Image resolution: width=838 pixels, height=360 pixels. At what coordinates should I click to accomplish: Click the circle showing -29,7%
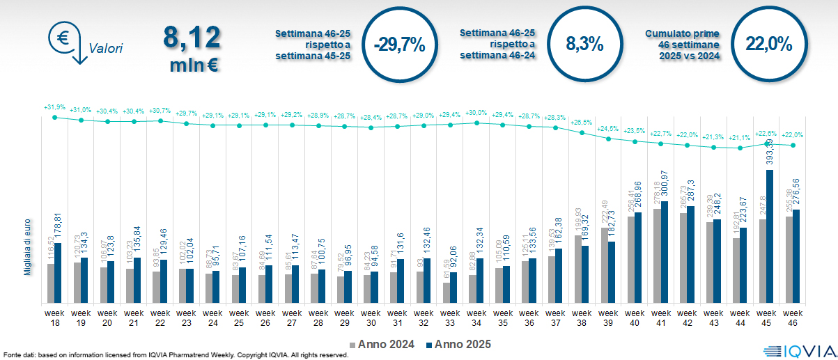click(x=399, y=45)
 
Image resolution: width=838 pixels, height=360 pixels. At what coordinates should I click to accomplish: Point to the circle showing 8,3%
click(x=584, y=45)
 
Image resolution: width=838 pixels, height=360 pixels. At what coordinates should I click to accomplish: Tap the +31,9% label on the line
click(x=54, y=108)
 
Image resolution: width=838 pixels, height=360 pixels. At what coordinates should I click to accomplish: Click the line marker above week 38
click(x=582, y=132)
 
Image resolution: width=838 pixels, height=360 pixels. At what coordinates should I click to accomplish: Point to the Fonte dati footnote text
click(x=174, y=355)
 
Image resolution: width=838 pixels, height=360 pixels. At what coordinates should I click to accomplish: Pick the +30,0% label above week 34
click(x=476, y=113)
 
